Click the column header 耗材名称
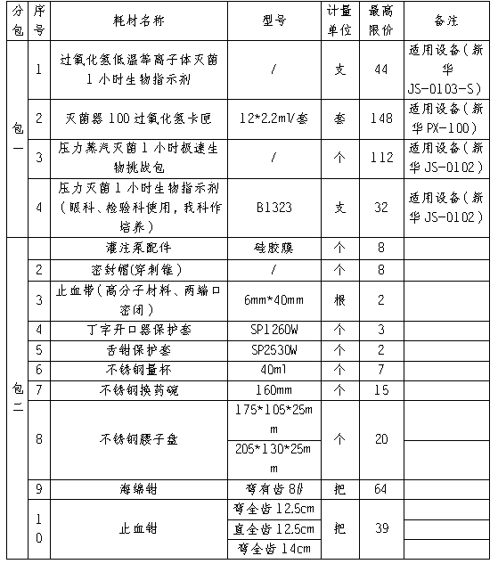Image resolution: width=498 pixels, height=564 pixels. pos(140,19)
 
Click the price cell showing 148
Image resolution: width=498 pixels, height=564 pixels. pos(380,118)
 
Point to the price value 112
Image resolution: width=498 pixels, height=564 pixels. pos(380,158)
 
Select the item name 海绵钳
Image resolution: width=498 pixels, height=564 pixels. pos(140,488)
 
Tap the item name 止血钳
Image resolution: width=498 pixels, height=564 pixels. pos(140,528)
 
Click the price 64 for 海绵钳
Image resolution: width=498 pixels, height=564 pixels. pos(380,488)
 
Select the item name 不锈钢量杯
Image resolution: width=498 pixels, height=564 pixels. pos(140,369)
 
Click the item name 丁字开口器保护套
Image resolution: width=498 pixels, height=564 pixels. pos(140,330)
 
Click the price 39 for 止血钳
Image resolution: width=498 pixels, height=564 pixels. pos(380,528)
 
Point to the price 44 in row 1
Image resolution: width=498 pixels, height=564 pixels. pos(380,69)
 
